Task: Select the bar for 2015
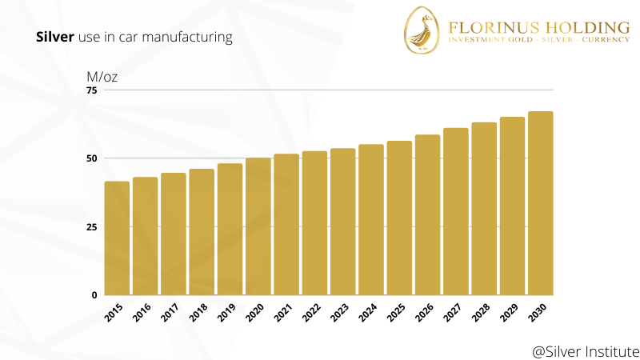(x=117, y=238)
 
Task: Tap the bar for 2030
(x=541, y=203)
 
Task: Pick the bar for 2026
(x=428, y=214)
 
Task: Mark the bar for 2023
(x=342, y=222)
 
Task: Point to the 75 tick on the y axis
(x=91, y=90)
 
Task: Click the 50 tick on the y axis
(x=91, y=158)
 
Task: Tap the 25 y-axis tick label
(x=91, y=227)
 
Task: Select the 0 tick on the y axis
(x=94, y=295)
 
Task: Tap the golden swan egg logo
(x=423, y=32)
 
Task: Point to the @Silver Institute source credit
(x=586, y=350)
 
